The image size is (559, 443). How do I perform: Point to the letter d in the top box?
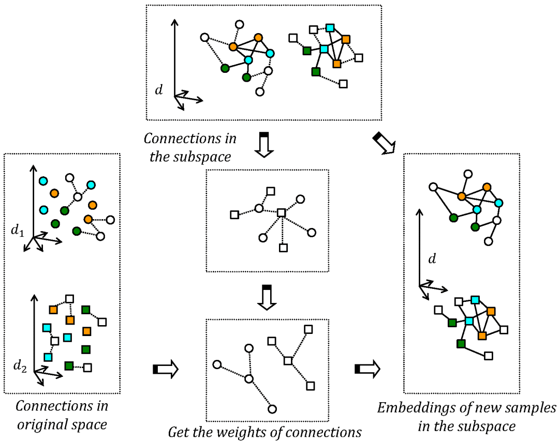click(159, 90)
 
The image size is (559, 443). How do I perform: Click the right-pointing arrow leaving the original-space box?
click(165, 369)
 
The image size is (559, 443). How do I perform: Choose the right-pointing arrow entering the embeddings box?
click(367, 369)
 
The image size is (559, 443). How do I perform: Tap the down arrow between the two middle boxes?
click(267, 298)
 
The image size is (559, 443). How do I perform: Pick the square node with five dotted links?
click(281, 212)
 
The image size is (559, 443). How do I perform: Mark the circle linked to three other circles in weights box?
click(249, 379)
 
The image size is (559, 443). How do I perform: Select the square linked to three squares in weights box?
click(288, 361)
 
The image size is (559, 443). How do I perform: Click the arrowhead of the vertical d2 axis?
click(34, 297)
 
